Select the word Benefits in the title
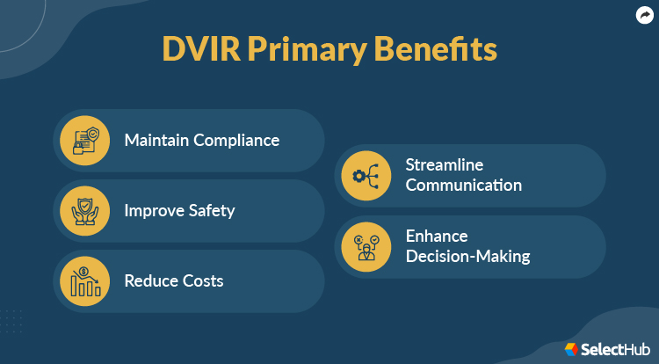tap(437, 49)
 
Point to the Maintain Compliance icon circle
tap(84, 141)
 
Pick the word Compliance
tap(236, 141)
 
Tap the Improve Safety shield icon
tap(84, 211)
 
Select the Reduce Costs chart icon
tap(84, 281)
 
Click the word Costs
tap(201, 281)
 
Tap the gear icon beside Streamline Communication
tap(366, 176)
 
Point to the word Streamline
tap(444, 165)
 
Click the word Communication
tap(463, 186)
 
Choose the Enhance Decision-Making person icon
tap(366, 246)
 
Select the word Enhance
tap(436, 237)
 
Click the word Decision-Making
tap(467, 257)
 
